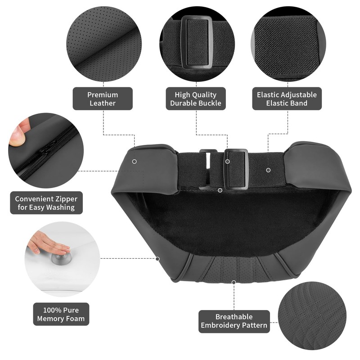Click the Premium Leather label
103,99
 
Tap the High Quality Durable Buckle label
196,99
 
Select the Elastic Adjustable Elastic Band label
287,99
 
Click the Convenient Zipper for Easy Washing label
46,203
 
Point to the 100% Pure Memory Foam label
61,314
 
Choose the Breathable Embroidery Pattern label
234,321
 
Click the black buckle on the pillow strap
236,168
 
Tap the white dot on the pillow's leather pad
135,161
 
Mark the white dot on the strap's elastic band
268,170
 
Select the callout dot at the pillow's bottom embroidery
234,282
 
